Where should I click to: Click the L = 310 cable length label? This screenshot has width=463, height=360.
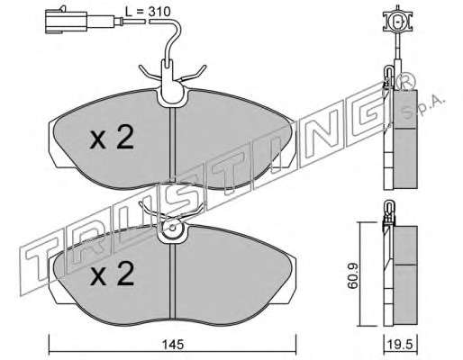148,12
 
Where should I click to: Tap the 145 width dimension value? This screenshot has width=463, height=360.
173,344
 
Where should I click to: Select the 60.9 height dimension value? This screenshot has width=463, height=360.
352,275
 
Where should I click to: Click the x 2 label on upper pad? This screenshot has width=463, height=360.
112,138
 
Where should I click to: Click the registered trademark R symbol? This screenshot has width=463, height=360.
405,81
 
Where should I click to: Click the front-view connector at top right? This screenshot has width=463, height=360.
398,22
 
